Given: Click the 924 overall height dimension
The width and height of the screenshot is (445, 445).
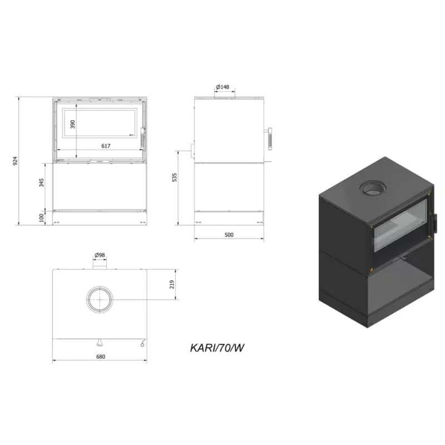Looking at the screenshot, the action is [x=16, y=161].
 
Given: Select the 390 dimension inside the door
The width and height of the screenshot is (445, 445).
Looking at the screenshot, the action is [x=73, y=124].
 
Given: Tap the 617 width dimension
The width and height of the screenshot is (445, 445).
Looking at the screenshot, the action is [x=106, y=146].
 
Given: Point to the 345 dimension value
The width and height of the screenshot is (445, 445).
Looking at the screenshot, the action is [x=41, y=182].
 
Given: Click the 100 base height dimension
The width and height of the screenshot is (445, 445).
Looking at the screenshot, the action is [x=41, y=217].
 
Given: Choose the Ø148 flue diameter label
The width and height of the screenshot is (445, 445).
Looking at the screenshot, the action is [x=222, y=87].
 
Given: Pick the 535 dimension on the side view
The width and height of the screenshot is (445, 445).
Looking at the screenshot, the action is [x=175, y=177].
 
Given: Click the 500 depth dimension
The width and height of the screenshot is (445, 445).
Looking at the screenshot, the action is [x=229, y=235].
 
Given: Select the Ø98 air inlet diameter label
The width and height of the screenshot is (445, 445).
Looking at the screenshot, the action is [x=100, y=255].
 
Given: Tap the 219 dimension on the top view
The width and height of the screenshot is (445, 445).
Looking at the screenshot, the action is [x=172, y=284].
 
